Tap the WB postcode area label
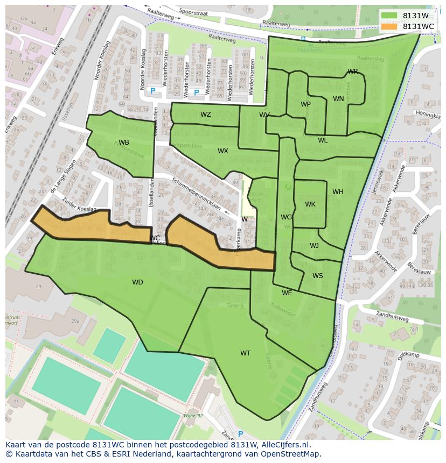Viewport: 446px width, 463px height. [124, 143]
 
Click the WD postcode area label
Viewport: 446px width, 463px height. [137, 282]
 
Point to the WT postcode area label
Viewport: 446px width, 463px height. [245, 353]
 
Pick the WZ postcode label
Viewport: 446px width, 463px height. [206, 115]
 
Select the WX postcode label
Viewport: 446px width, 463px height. [223, 151]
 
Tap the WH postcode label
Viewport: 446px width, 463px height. [338, 192]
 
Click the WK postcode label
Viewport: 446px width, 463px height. [310, 204]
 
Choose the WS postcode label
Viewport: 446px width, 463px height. [318, 276]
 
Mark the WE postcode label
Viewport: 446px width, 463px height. [287, 293]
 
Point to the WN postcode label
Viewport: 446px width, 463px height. [338, 99]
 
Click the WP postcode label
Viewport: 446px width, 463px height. [305, 104]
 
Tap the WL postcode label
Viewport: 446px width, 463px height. [323, 140]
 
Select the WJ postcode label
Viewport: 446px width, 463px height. [314, 246]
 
